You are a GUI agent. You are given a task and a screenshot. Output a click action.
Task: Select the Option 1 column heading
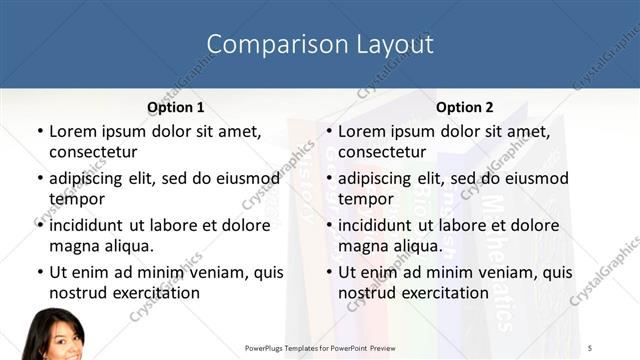click(x=176, y=107)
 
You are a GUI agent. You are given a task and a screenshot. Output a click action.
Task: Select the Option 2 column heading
click(x=465, y=107)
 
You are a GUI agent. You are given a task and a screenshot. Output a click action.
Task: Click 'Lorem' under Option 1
click(x=73, y=131)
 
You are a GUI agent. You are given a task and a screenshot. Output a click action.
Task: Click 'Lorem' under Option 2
click(x=362, y=131)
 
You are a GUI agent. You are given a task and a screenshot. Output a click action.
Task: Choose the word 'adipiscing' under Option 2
click(x=378, y=178)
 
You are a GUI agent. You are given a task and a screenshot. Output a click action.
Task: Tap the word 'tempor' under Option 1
click(x=77, y=199)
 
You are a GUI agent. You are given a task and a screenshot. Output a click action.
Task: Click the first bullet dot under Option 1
click(x=39, y=132)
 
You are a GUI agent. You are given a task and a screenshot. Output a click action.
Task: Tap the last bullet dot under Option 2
click(x=328, y=273)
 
